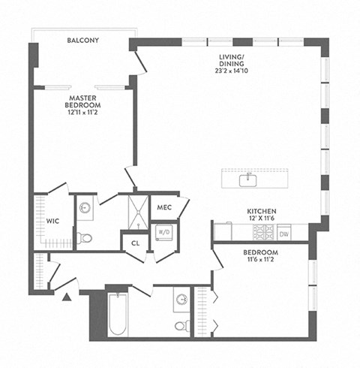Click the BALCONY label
coord(82,40)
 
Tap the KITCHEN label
coord(262,212)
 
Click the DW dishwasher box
coord(284,234)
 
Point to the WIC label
coord(52,222)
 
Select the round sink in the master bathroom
coord(85,207)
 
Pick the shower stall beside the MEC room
coord(137,209)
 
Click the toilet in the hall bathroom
coord(180,324)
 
